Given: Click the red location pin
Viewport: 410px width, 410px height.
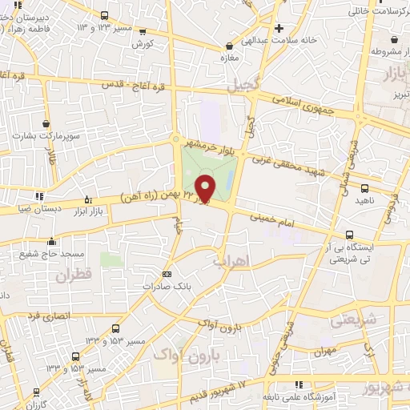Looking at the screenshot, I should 205,189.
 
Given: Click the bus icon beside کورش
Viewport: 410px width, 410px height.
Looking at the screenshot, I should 143,33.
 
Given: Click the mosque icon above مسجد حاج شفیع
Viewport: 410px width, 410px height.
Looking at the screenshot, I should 51,241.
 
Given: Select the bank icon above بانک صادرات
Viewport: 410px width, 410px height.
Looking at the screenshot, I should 167,273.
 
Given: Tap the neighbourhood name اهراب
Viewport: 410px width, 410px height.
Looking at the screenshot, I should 233,261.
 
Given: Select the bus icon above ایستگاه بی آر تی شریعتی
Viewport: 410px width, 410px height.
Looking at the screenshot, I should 348,235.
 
